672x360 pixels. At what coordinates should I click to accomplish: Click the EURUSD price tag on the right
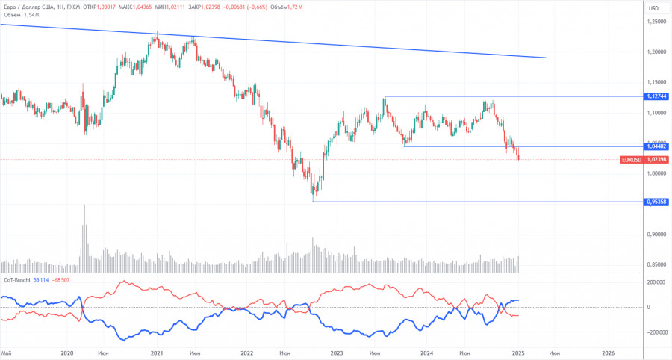(x=630, y=160)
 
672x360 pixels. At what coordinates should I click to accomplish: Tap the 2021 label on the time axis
(x=157, y=353)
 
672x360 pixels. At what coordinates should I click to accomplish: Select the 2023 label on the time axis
(x=336, y=353)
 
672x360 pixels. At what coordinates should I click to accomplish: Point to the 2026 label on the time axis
(x=608, y=353)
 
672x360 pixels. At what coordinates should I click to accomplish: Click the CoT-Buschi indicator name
(x=16, y=279)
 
